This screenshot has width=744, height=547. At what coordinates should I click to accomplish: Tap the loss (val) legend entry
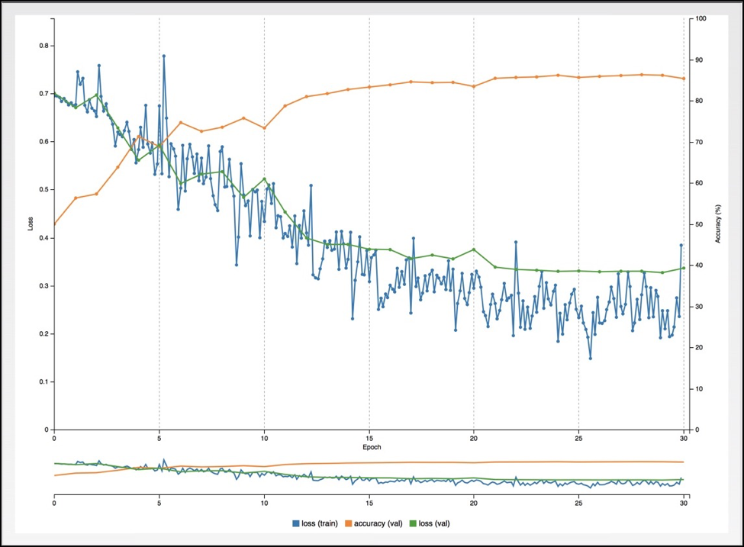(439, 523)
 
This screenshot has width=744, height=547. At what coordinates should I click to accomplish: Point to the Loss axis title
(31, 224)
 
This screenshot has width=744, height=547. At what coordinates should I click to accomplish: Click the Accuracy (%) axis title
(718, 224)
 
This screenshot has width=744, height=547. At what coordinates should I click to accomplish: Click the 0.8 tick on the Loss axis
(43, 46)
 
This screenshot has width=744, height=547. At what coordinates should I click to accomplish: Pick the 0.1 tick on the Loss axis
(43, 381)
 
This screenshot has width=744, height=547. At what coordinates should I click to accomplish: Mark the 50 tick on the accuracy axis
(697, 224)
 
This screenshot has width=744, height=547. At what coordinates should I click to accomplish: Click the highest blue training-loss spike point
(163, 56)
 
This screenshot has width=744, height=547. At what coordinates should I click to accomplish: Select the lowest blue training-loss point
(590, 358)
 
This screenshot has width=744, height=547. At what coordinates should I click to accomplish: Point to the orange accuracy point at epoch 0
(54, 224)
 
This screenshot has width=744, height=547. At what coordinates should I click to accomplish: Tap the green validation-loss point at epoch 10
(264, 179)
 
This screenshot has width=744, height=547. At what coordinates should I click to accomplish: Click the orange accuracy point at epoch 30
(684, 79)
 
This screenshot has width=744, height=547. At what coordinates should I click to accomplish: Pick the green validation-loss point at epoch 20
(474, 249)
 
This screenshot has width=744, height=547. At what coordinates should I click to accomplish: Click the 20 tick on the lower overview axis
(474, 504)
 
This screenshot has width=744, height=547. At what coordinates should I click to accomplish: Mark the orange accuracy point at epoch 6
(180, 122)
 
